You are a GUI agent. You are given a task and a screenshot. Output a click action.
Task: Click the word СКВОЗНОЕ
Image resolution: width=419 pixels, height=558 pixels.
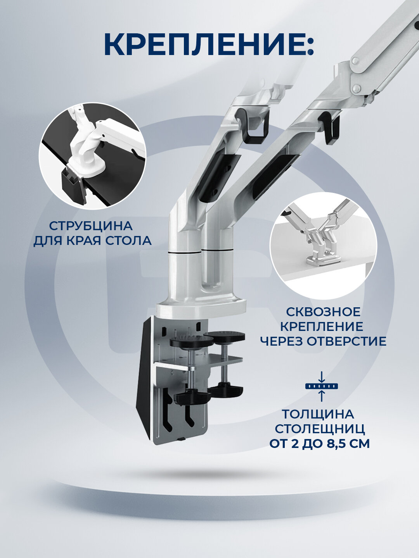pos(323,312)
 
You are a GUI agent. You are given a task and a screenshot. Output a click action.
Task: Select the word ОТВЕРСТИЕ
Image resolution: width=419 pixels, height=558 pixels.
pos(346,341)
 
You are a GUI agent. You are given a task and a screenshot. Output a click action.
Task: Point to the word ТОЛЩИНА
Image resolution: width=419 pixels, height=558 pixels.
pos(318,414)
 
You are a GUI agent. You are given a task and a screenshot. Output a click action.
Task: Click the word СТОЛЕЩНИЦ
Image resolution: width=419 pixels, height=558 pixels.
pos(320,429)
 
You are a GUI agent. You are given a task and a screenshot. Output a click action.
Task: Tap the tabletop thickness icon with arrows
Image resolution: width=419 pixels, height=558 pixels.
pos(321,386)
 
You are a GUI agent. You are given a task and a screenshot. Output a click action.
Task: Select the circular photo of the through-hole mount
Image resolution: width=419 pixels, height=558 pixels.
pos(323,246)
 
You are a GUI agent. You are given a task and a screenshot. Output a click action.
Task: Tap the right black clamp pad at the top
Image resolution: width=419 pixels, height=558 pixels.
pos(224,336)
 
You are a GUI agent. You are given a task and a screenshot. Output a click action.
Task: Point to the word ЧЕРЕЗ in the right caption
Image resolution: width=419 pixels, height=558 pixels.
pos(282,341)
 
